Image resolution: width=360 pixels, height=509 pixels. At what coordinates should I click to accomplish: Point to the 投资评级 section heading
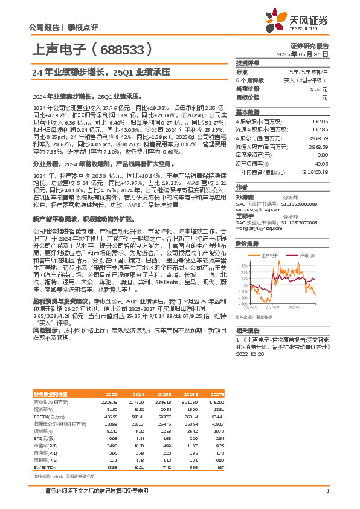(248, 63)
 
